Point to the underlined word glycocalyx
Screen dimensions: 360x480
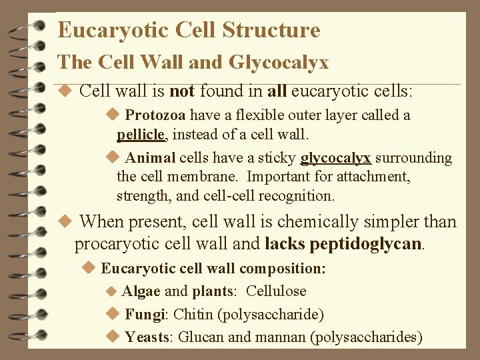(336, 158)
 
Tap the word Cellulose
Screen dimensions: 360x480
(276, 291)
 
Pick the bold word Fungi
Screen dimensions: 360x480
(146, 314)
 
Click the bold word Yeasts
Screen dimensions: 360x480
(149, 337)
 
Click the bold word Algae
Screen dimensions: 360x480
(141, 291)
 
